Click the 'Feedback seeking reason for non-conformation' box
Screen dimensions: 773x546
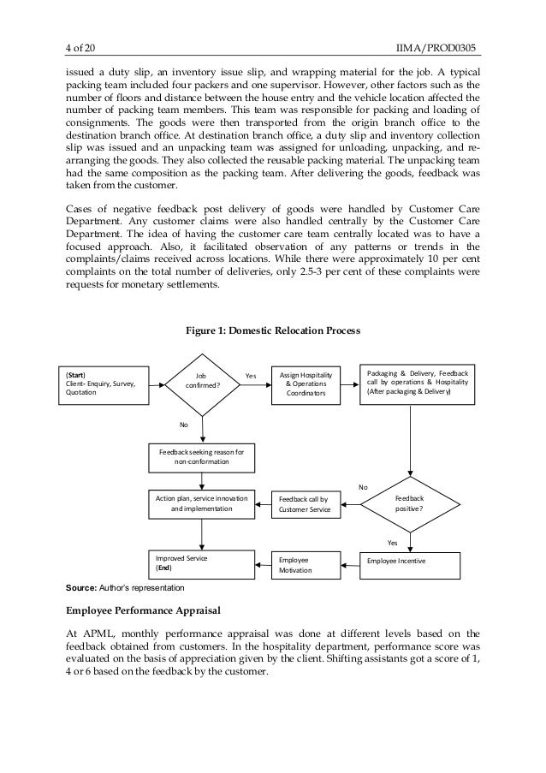203,455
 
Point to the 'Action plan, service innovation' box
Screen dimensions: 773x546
202,503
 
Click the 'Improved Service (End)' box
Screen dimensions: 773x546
202,562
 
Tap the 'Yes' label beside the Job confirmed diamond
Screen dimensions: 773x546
251,375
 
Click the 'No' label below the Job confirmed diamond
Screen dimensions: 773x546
183,425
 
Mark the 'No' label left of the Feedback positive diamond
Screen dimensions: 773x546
364,485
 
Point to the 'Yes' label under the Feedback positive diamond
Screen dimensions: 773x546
393,542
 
